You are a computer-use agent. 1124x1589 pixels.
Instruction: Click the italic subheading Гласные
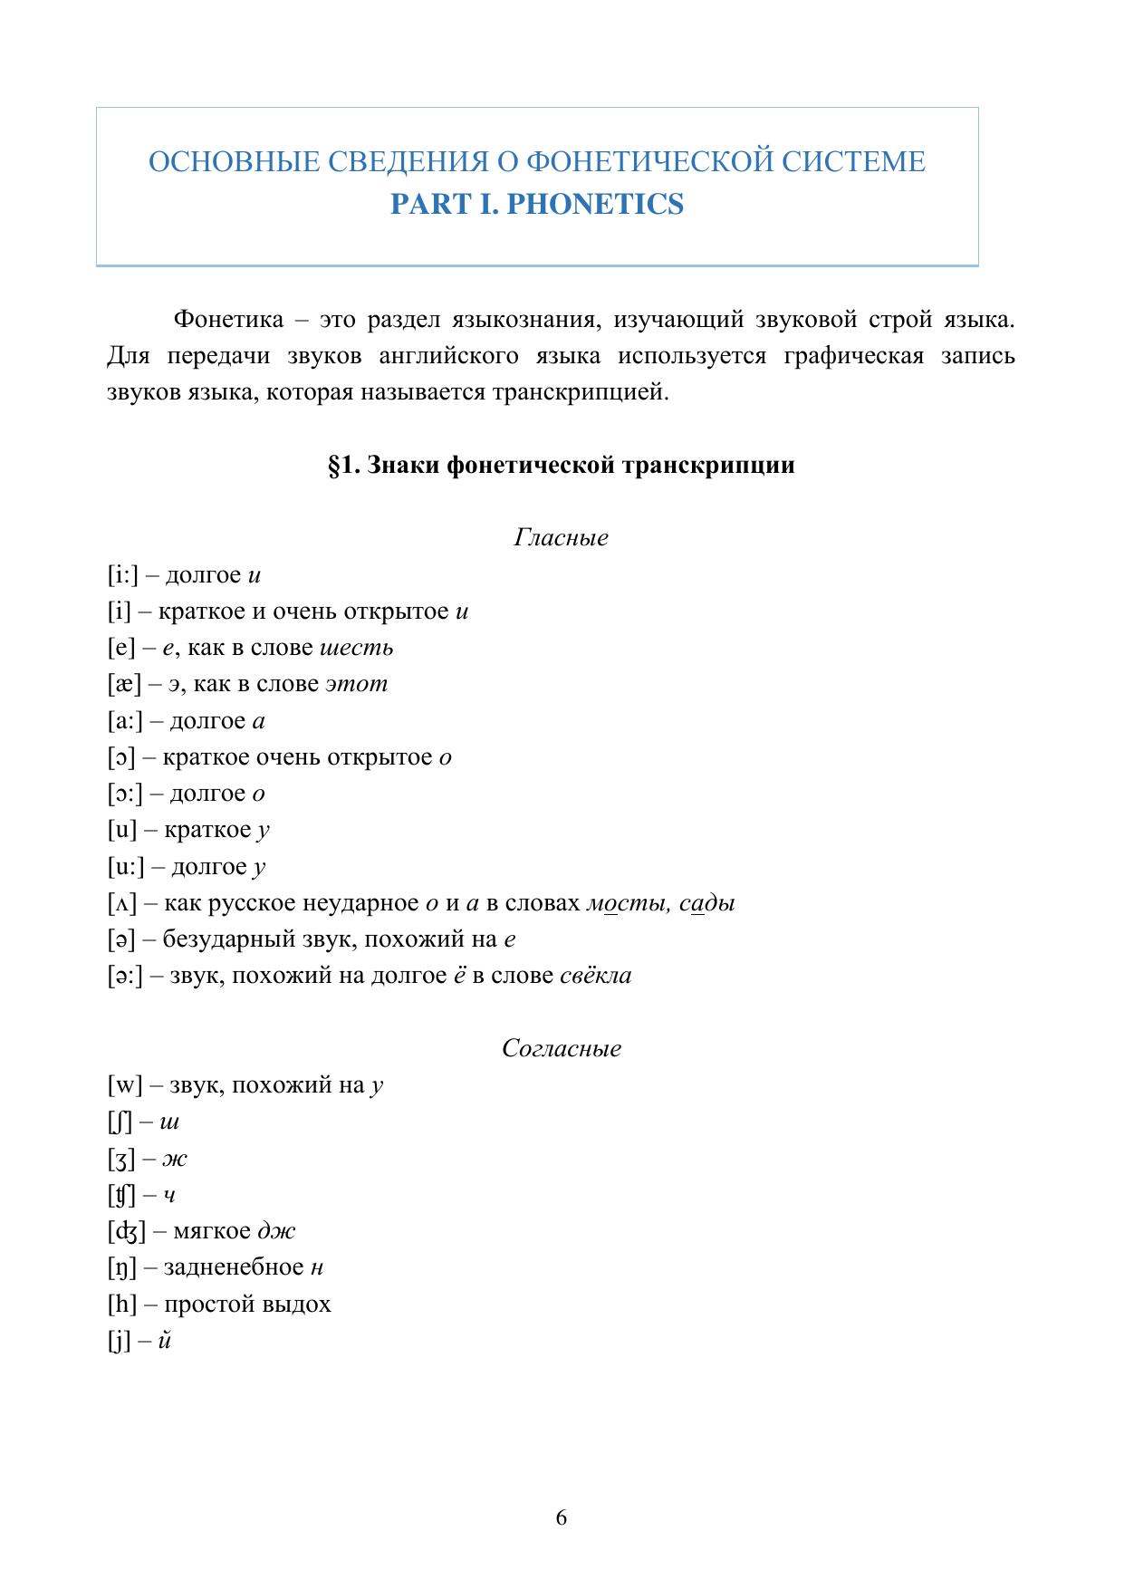561,538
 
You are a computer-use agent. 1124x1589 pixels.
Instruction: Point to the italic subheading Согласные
562,1049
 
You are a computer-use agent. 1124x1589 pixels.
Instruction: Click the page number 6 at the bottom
562,1517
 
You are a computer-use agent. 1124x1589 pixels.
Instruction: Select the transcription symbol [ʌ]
121,903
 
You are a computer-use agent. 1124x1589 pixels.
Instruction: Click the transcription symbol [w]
125,1085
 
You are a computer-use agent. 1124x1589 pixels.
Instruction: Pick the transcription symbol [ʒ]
121,1159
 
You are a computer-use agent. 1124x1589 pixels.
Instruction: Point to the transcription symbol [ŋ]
121,1268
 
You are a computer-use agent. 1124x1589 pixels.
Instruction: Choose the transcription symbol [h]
121,1305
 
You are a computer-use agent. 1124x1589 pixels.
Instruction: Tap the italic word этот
357,685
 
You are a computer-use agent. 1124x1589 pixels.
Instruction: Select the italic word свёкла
596,976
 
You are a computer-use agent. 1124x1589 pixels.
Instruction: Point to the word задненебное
234,1268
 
